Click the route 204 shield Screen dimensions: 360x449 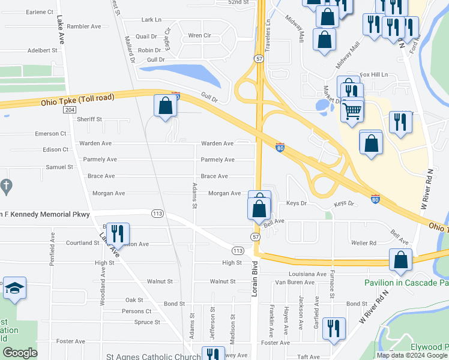point(70,110)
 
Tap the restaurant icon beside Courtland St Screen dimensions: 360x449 point(118,233)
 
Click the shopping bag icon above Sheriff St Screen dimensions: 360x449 point(166,106)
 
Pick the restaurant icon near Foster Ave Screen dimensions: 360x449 point(334,328)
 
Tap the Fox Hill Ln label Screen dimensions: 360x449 point(374,74)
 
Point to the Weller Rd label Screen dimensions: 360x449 point(364,243)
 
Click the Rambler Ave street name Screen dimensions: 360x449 point(83,26)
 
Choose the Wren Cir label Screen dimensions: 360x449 point(199,35)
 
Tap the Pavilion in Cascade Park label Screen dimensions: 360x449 point(406,282)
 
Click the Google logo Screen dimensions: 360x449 point(20,353)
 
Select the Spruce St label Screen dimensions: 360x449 point(147,322)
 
